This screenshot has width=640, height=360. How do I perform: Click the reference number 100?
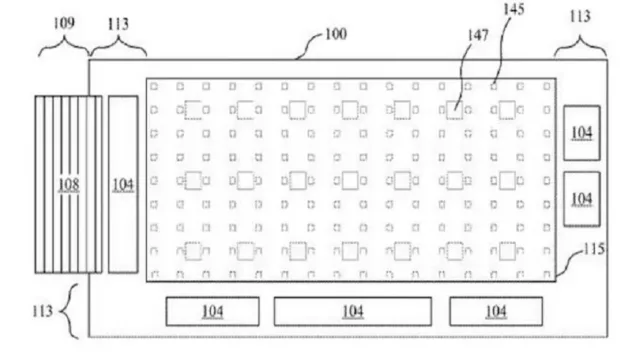point(336,34)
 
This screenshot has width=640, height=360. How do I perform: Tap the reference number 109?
point(64,23)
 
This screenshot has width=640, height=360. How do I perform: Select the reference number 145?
point(514,9)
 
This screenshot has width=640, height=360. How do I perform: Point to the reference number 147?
point(478,36)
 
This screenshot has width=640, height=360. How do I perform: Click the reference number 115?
point(594,249)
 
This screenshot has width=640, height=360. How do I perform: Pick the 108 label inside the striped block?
point(69,184)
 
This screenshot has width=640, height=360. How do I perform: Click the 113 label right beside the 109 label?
point(118,24)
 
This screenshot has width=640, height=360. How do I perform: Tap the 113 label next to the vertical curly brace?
point(42,311)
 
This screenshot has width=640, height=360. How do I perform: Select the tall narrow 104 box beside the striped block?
point(123,184)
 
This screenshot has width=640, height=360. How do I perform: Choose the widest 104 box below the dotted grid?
point(353,311)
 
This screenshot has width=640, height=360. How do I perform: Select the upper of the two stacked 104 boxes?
point(582,133)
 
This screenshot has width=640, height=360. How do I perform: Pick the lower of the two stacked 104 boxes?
point(582,199)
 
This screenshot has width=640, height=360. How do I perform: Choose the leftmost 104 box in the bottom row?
point(212,311)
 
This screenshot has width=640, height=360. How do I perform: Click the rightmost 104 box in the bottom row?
point(496,311)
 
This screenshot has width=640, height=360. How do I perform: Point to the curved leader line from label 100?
point(309,43)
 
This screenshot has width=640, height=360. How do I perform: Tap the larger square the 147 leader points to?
point(454,110)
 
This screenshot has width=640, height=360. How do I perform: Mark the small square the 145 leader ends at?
point(494,87)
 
